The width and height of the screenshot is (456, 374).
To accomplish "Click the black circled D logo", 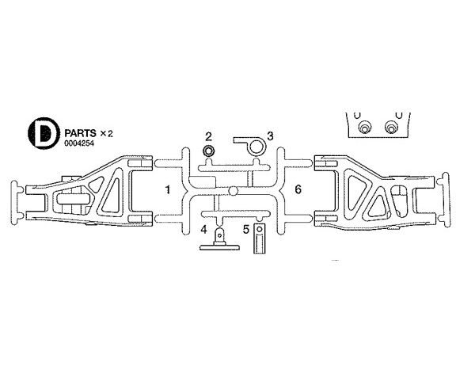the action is pos(44,133).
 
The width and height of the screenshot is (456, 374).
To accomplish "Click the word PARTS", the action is pos(80,133).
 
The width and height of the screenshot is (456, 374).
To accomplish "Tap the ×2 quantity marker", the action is pos(106,134).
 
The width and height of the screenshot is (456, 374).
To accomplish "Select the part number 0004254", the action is pos(79,143).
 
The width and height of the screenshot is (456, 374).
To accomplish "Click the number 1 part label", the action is pos(168,190).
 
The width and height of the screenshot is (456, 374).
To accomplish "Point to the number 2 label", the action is pos(208,136).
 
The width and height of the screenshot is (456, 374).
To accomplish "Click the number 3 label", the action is pos(270,136).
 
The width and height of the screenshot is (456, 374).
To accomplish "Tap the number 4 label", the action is pos(204,229).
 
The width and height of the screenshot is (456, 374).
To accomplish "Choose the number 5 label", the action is pos(246,229).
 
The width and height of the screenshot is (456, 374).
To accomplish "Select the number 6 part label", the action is pos(298,189).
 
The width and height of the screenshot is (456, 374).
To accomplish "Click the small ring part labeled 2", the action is pos(208,151).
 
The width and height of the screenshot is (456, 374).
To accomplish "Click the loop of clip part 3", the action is pos(256,147).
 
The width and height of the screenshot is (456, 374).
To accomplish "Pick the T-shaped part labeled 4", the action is pos(219,240).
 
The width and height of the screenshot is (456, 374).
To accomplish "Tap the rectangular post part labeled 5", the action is pos(259,239).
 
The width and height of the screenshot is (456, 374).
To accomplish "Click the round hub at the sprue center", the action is pos(233,191).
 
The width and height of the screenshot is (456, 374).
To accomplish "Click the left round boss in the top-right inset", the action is pos(364,128).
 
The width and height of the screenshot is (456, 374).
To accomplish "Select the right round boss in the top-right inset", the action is pos(390,128).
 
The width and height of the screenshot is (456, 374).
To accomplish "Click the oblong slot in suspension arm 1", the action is pos(74,200).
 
